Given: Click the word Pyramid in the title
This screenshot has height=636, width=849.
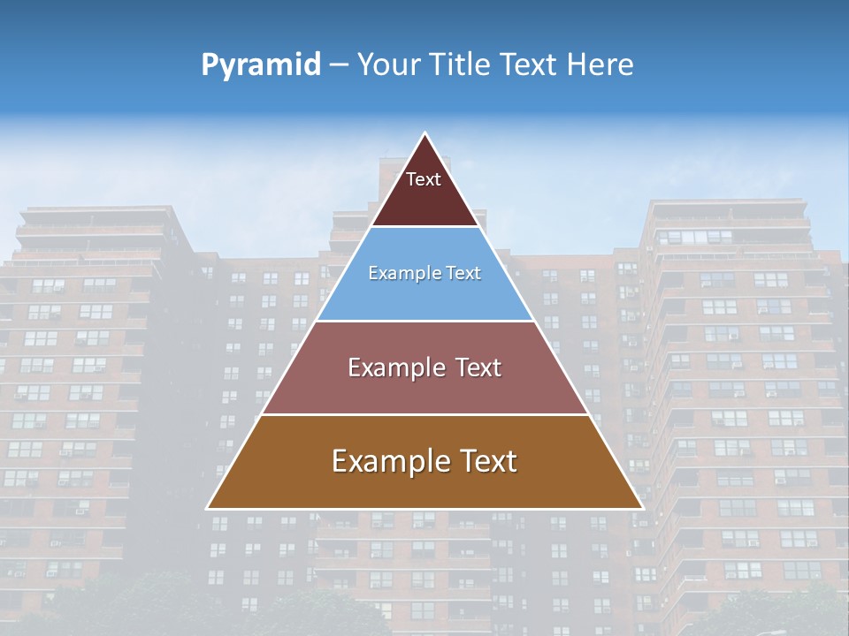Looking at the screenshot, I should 261,65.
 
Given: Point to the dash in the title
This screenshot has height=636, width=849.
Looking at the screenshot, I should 339,65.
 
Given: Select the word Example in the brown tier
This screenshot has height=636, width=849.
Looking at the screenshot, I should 378,461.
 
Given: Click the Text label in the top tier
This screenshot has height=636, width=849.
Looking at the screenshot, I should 424,179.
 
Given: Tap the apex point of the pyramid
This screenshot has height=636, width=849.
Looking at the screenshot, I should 424,134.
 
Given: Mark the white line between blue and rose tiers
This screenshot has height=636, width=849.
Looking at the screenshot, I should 424,321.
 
